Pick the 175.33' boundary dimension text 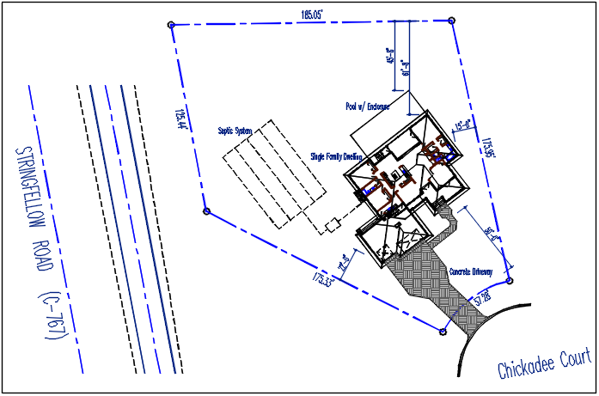pos(323,280)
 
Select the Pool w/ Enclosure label pos(367,107)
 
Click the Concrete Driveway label pos(471,271)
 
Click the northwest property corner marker pos(172,25)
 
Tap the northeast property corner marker pos(451,19)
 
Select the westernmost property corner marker pos(206,210)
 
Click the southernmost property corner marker pos(443,331)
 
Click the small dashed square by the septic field pos(332,226)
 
